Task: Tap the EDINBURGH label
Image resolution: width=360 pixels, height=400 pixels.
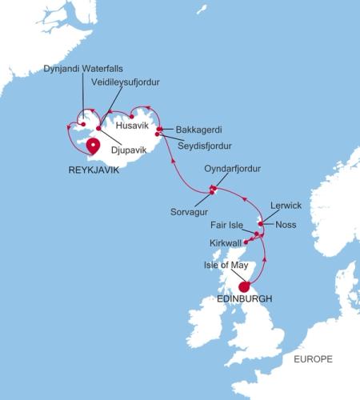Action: [x=245, y=299]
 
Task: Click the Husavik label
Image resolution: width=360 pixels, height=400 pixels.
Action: [x=133, y=125]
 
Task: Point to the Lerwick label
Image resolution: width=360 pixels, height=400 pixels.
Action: [x=286, y=205]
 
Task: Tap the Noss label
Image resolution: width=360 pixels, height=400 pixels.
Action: [x=286, y=225]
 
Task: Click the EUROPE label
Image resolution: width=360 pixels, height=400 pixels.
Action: [x=313, y=358]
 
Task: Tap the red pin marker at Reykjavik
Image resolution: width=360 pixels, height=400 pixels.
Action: [x=93, y=146]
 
